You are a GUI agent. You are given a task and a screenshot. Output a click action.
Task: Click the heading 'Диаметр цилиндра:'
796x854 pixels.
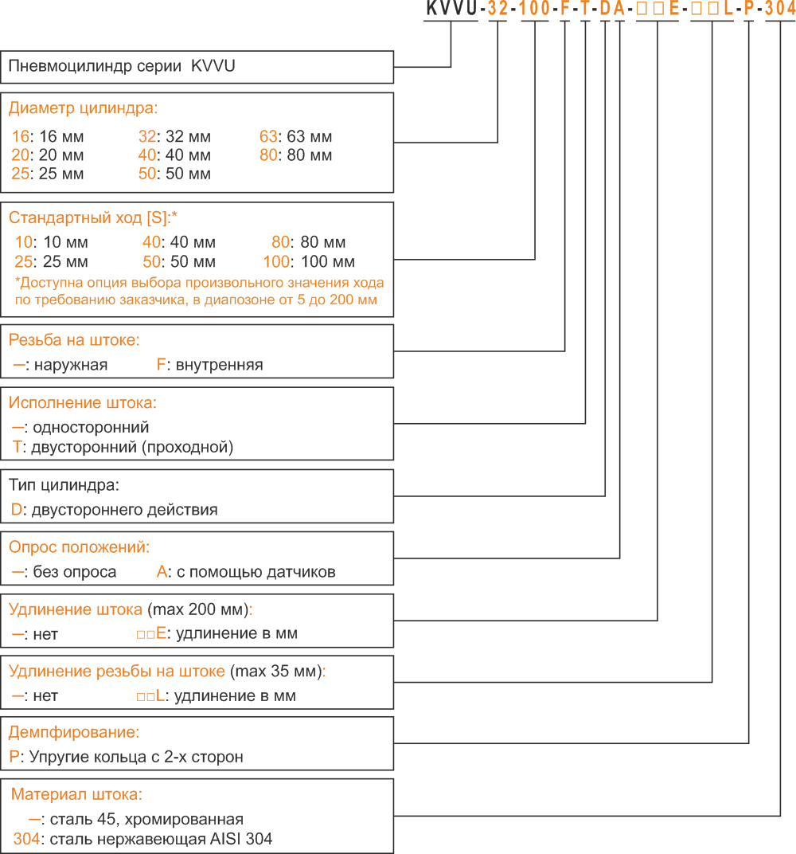pos(83,108)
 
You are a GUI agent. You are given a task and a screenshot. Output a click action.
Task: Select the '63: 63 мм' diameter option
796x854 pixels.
pos(295,136)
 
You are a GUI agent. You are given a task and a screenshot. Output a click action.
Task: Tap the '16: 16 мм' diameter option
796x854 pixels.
pos(48,136)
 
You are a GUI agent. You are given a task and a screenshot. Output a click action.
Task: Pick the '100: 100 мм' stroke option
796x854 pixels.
pos(309,261)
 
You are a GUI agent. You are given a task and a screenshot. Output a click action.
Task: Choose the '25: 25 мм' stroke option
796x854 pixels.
pos(51,261)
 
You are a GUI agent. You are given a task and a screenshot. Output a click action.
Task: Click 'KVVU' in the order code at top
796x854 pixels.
pos(451,9)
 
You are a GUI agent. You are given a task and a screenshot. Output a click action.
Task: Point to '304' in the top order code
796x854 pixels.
pos(781,9)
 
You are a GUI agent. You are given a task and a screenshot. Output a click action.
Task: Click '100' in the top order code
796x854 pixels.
pos(535,9)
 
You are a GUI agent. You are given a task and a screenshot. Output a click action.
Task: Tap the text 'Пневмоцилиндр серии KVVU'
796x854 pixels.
pos(122,66)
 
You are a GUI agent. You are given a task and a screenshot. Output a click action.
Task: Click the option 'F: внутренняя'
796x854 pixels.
pos(209,364)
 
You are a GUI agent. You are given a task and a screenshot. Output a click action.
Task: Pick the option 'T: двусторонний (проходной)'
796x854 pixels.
pos(123,447)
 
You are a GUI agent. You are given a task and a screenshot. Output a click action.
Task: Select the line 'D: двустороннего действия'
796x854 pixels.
pos(115,510)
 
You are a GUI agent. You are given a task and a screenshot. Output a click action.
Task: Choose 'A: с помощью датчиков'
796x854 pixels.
pos(246,572)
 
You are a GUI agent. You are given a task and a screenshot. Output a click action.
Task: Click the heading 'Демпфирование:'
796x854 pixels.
pos(74,732)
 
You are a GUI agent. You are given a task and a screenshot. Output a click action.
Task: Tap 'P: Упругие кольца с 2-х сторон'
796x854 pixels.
pos(127,757)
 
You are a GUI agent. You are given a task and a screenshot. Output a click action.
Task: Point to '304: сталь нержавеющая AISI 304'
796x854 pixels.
pos(142,839)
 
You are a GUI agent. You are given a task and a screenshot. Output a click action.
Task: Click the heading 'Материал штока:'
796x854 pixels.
pos(76,794)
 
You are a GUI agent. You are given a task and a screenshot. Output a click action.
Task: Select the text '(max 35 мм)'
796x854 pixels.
pos(275,671)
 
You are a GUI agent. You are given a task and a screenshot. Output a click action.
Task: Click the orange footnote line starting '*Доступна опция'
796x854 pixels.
pos(199,283)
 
